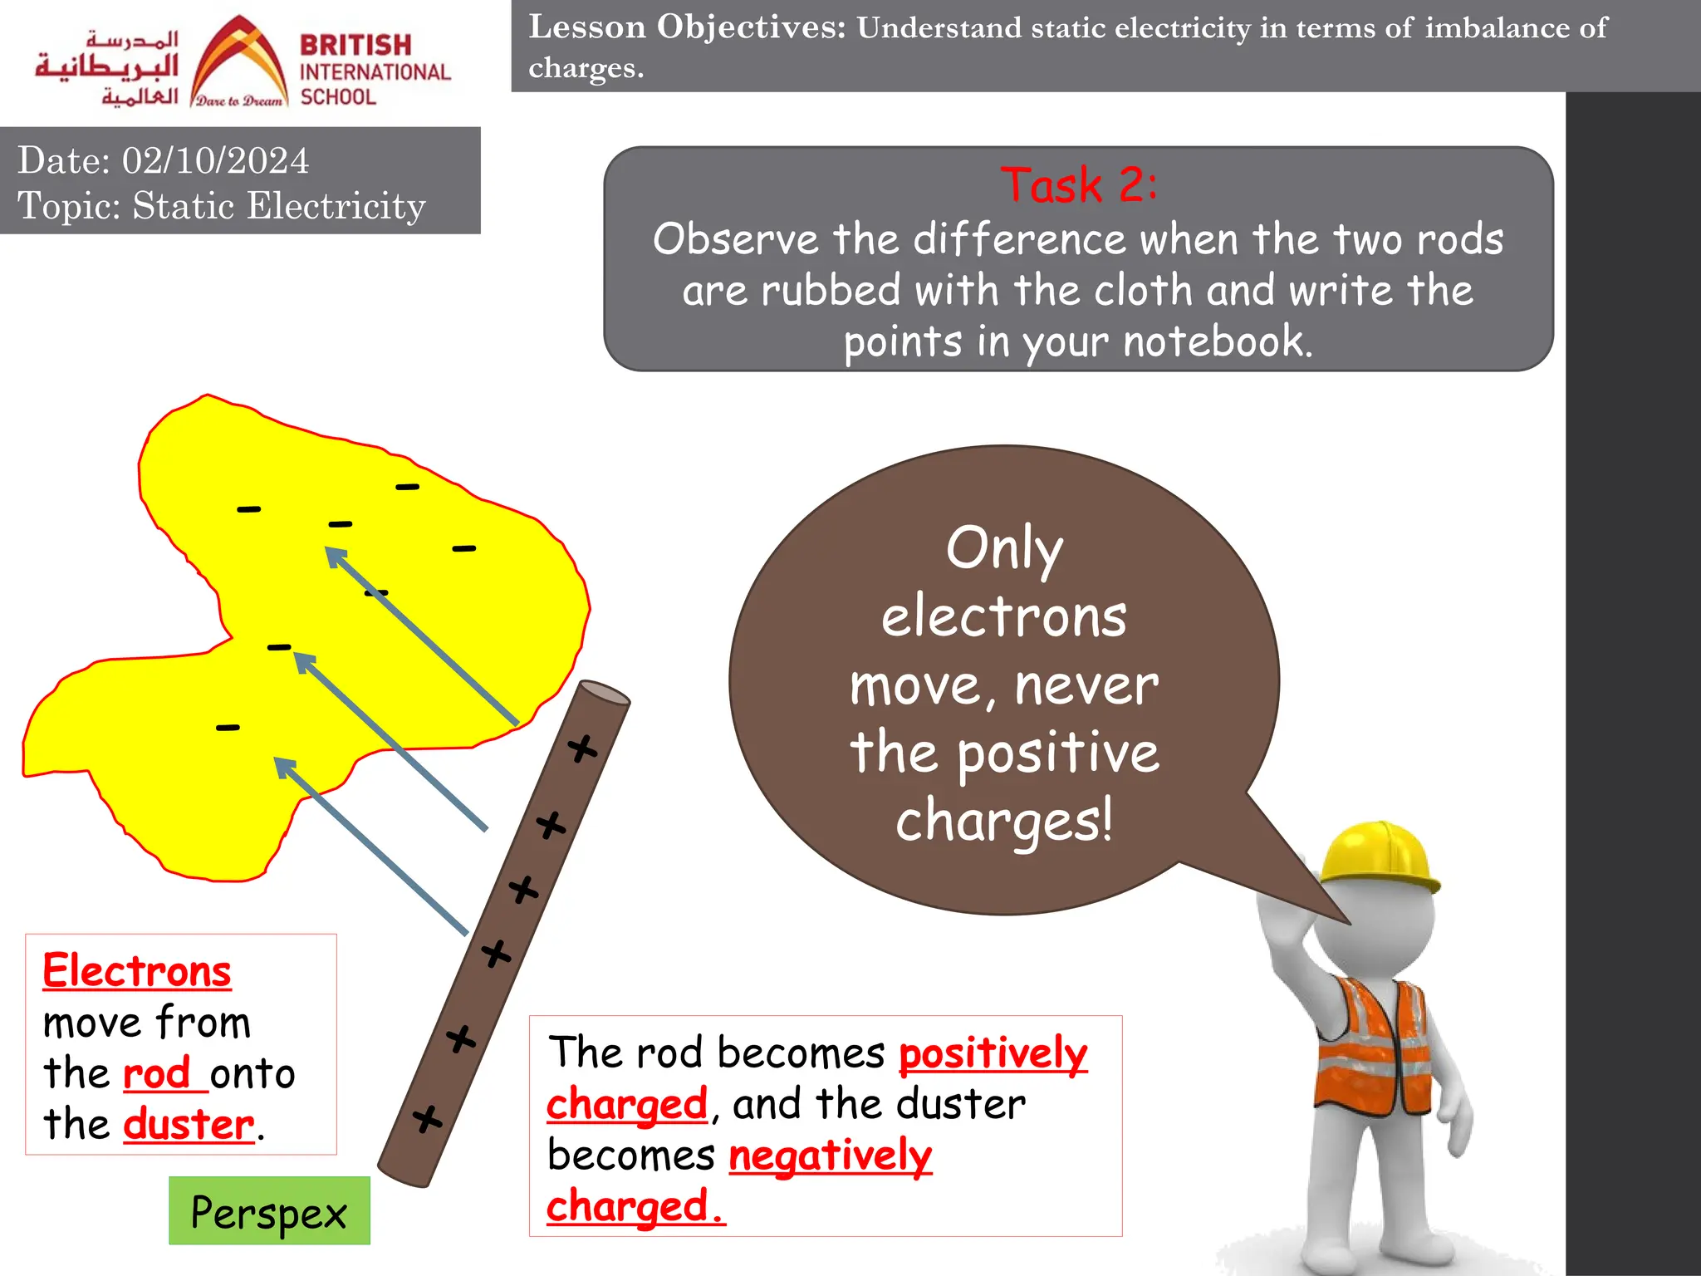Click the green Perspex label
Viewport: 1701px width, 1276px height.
[269, 1211]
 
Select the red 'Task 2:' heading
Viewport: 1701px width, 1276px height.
[1078, 184]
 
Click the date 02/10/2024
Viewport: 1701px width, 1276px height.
[215, 160]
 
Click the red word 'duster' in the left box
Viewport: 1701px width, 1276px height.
[189, 1124]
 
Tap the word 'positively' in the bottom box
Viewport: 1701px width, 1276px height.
[993, 1053]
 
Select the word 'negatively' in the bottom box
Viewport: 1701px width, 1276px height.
[831, 1156]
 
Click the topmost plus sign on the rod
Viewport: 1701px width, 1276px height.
[582, 748]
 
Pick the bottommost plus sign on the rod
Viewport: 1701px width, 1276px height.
[428, 1119]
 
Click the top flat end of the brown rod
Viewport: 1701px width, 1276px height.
[604, 693]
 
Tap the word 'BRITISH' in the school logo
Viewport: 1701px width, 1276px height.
[355, 44]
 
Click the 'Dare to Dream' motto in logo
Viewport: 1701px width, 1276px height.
[239, 101]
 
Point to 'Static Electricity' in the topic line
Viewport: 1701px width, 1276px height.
[279, 205]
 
